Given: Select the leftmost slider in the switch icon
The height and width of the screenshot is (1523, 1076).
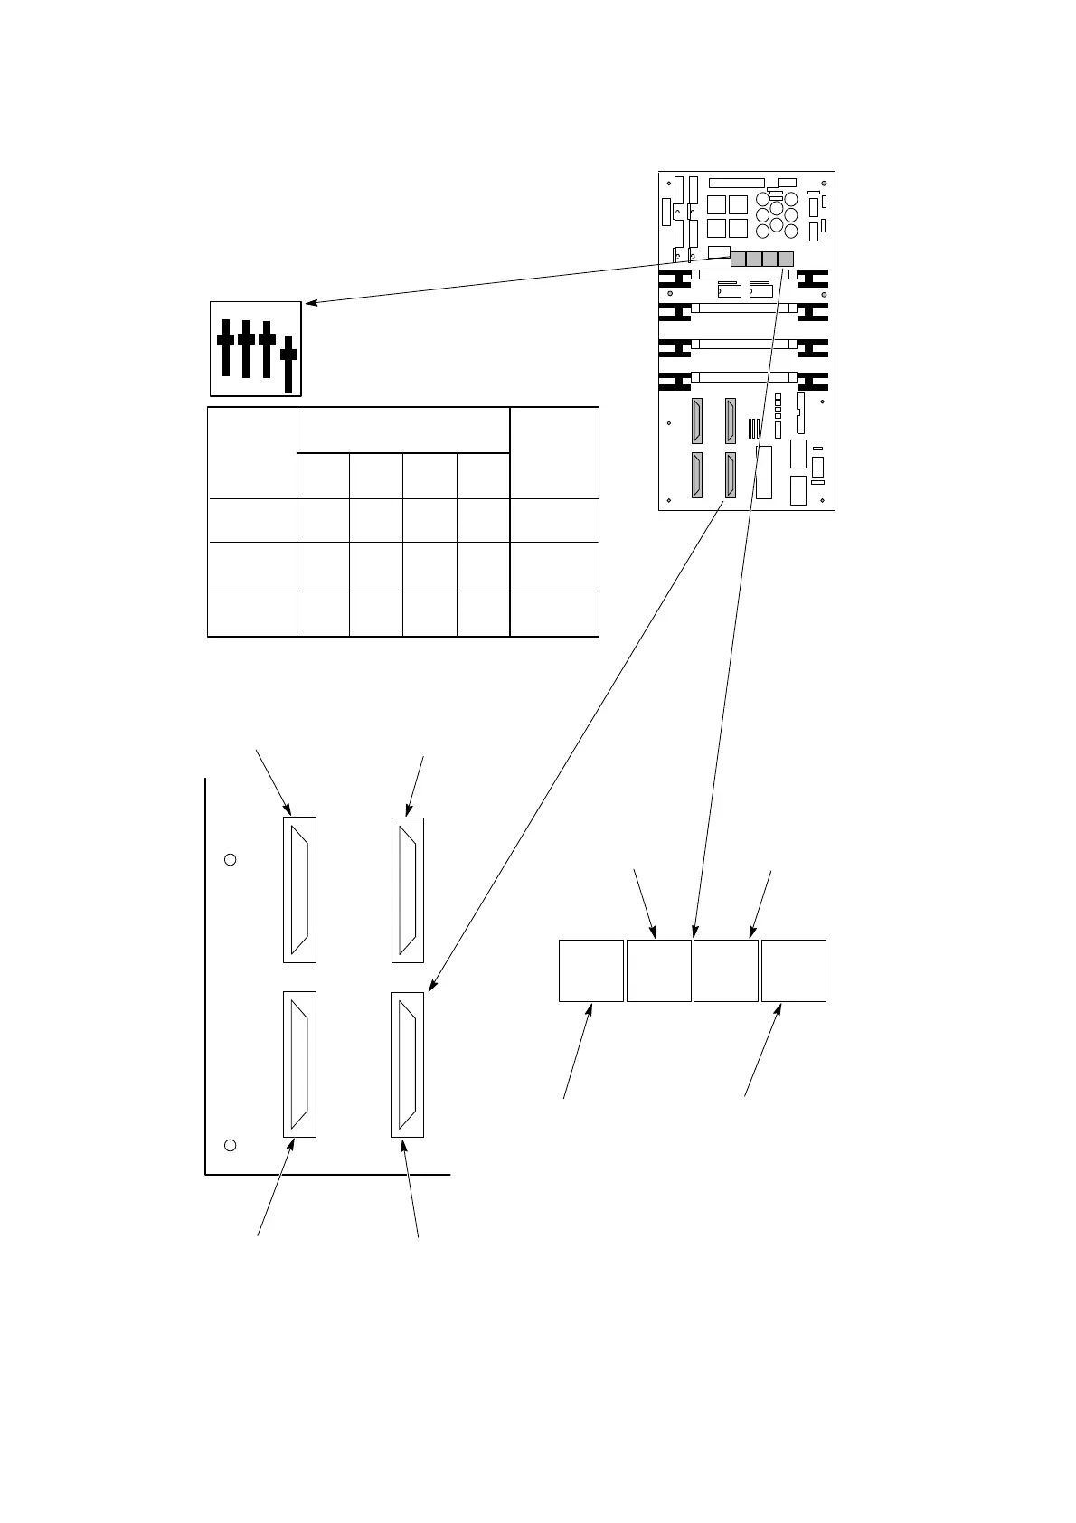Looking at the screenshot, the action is pos(225,347).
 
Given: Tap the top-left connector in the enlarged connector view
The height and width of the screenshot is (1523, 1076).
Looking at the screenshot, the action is pos(299,890).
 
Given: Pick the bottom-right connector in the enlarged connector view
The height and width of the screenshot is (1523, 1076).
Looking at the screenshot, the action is pos(407,1064).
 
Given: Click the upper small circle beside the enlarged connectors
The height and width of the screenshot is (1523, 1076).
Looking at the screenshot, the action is pos(230,859).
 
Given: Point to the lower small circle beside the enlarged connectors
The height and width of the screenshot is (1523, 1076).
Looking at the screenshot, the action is pos(230,1146).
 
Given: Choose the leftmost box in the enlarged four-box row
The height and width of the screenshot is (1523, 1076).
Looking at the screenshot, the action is pos(591,970).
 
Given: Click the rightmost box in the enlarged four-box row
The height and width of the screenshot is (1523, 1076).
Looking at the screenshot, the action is pos(793,970).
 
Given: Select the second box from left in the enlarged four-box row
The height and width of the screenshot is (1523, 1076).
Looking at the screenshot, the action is pos(659,970).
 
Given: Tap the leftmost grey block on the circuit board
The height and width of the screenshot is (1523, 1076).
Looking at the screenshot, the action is pos(738,259).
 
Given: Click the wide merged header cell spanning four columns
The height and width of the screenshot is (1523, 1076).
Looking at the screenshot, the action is pos(403,430).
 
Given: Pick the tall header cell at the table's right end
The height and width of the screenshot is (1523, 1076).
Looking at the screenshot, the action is pos(554,452).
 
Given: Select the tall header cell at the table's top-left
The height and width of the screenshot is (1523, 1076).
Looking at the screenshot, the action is pos(253,452).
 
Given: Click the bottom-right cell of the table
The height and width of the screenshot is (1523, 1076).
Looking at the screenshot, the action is pos(554,614).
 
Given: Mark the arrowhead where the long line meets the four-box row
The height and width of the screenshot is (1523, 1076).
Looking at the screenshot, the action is pos(694,933).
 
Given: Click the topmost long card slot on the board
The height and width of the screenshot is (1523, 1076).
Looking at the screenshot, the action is pos(743,273).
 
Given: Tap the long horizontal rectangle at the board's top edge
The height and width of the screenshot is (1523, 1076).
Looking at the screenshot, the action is pos(736,183).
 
